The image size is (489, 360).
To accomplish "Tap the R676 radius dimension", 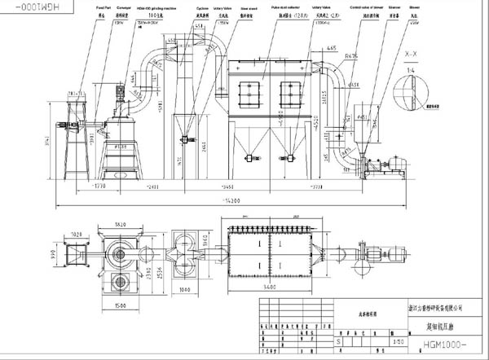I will (352, 56).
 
